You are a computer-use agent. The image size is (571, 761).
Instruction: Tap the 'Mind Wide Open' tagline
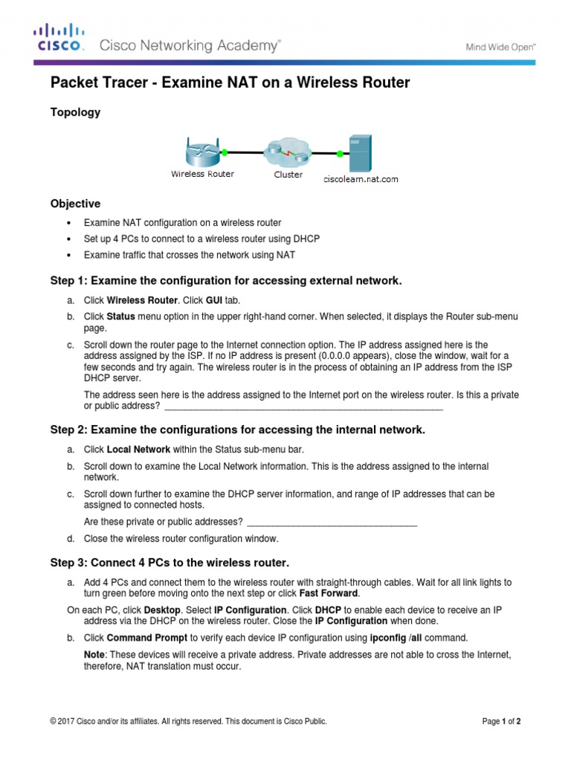click(x=500, y=46)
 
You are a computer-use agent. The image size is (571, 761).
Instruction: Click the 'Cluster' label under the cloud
click(x=288, y=175)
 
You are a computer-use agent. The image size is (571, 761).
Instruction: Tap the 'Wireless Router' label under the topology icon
click(x=202, y=174)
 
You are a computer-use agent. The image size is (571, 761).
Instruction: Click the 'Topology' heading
click(x=75, y=113)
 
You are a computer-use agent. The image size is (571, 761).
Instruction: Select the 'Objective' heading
click(x=75, y=204)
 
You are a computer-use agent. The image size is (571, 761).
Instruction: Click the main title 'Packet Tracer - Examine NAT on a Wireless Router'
click(x=230, y=82)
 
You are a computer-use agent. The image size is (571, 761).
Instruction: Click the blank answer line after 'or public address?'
click(x=303, y=406)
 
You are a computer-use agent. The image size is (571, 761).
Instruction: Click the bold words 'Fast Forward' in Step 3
click(x=329, y=594)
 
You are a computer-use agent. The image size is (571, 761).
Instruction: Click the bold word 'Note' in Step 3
click(x=94, y=654)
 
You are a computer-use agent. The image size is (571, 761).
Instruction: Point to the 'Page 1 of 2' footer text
click(x=501, y=721)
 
